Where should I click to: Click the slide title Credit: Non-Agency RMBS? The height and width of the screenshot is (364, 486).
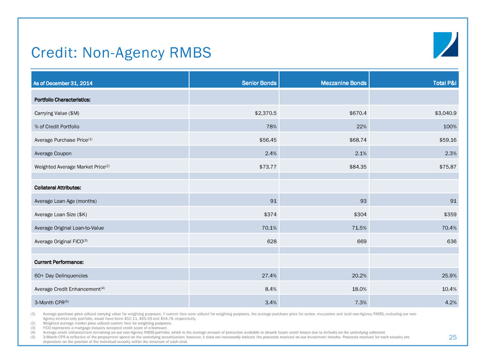(x=121, y=52)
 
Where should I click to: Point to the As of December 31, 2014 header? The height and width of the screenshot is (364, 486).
(x=64, y=83)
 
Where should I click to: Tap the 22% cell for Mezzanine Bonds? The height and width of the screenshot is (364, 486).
(x=360, y=126)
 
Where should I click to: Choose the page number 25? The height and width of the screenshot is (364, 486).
(x=453, y=337)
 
